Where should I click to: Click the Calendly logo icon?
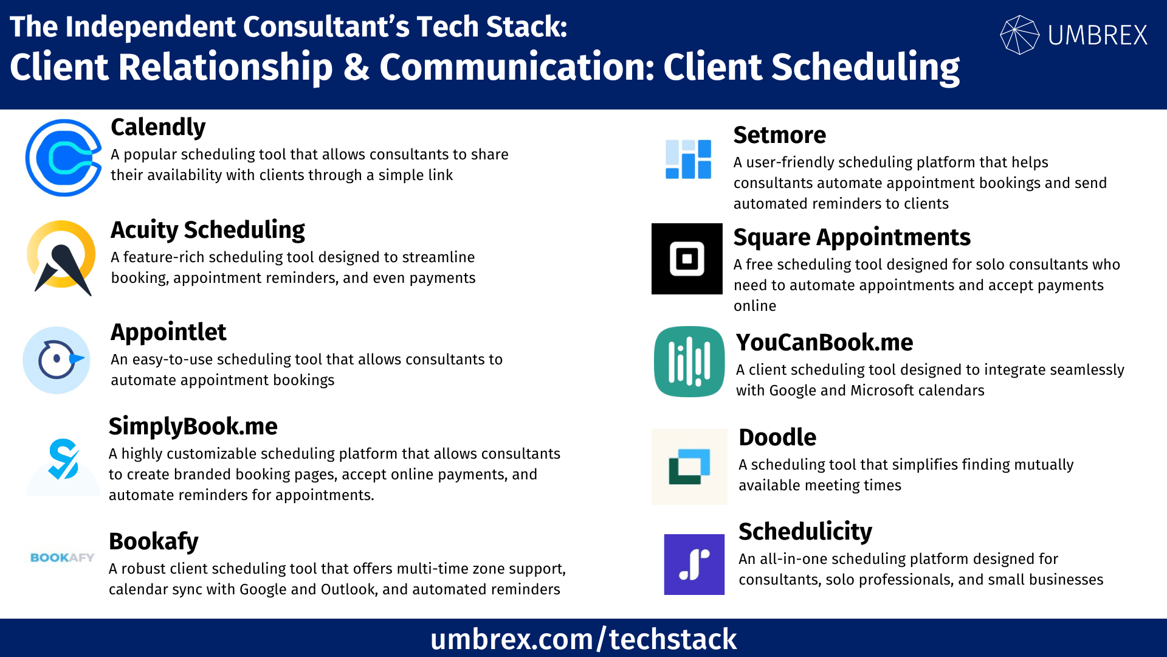(63, 158)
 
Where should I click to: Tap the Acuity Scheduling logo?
(61, 257)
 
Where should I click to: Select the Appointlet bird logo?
(57, 360)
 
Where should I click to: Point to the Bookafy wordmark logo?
(62, 558)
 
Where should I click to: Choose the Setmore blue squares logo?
(688, 159)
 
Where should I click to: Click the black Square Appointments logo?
(687, 259)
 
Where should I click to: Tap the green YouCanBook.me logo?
(689, 362)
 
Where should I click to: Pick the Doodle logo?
(689, 467)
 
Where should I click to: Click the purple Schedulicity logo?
(694, 565)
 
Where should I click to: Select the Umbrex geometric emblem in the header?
(1019, 35)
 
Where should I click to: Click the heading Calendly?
(158, 127)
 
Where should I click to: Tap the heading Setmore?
(779, 135)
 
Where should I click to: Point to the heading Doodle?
(777, 437)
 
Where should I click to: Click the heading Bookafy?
(154, 541)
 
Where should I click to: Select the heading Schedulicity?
(805, 532)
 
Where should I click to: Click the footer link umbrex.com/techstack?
(583, 639)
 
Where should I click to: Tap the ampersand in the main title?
(356, 67)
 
